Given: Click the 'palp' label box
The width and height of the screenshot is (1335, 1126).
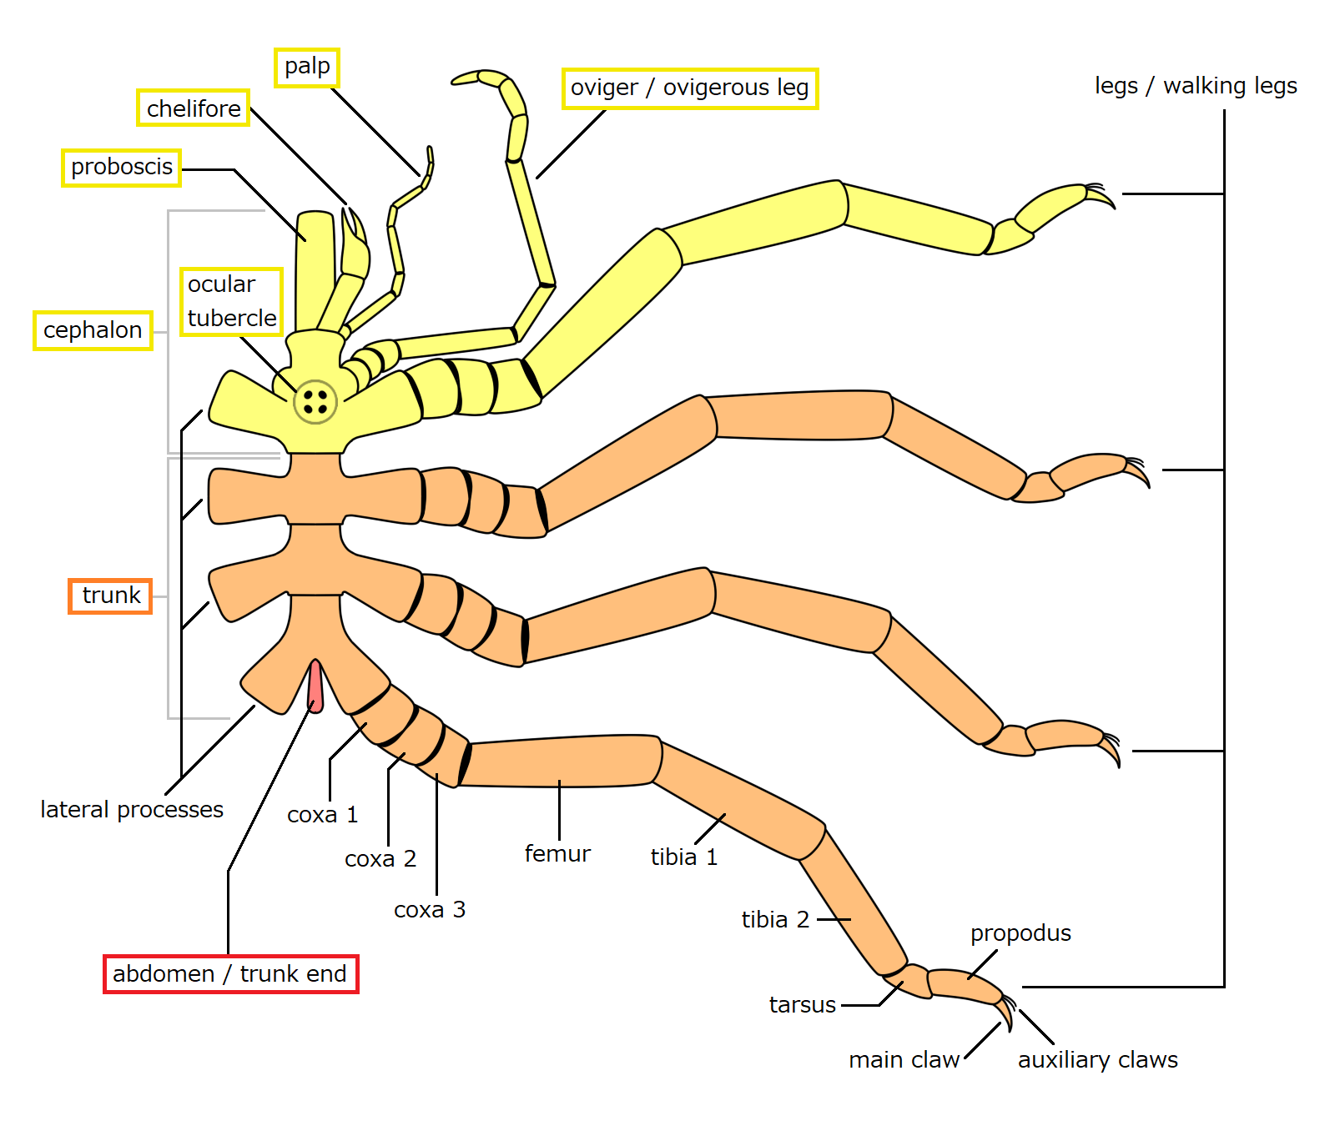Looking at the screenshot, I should [307, 67].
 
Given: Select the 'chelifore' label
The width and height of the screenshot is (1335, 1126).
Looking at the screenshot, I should [193, 108].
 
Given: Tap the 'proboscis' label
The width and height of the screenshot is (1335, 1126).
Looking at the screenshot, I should [122, 167].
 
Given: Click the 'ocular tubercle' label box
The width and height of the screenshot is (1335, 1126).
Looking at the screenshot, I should [231, 301].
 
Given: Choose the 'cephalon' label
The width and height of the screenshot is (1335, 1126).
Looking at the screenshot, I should [93, 330].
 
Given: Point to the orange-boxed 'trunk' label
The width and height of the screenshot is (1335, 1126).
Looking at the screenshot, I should [110, 596].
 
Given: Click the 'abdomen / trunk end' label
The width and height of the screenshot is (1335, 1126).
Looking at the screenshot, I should [230, 973].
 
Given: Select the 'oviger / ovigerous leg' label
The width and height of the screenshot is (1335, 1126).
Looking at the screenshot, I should [689, 88].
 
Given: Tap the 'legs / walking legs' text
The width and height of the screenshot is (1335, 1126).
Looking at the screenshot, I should [1195, 86].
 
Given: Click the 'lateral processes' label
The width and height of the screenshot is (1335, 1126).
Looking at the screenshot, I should [132, 809].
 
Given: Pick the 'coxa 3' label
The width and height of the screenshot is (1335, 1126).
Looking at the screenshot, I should [429, 909].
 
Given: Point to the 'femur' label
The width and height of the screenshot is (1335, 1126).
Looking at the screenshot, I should [557, 853].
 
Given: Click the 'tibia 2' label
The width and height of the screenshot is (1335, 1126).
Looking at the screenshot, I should [775, 919].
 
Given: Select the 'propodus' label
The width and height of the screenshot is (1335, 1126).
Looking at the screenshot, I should [1020, 932].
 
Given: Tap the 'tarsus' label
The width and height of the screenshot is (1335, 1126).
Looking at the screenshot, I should [802, 1004].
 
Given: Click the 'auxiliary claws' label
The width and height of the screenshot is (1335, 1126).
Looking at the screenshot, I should [1097, 1059].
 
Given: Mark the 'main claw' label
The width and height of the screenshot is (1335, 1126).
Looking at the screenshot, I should [904, 1059].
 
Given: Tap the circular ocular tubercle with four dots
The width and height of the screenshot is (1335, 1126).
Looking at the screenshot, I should [315, 401].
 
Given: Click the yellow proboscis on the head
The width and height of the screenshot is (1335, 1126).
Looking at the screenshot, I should [316, 267].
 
